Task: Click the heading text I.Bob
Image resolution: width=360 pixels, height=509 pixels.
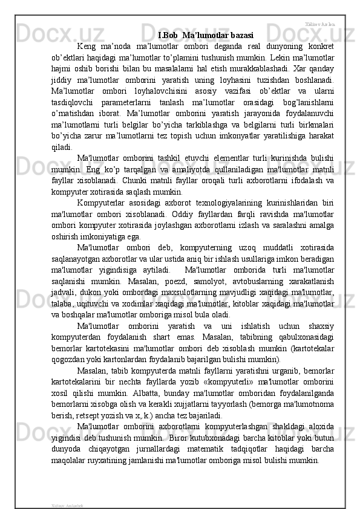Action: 168,34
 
